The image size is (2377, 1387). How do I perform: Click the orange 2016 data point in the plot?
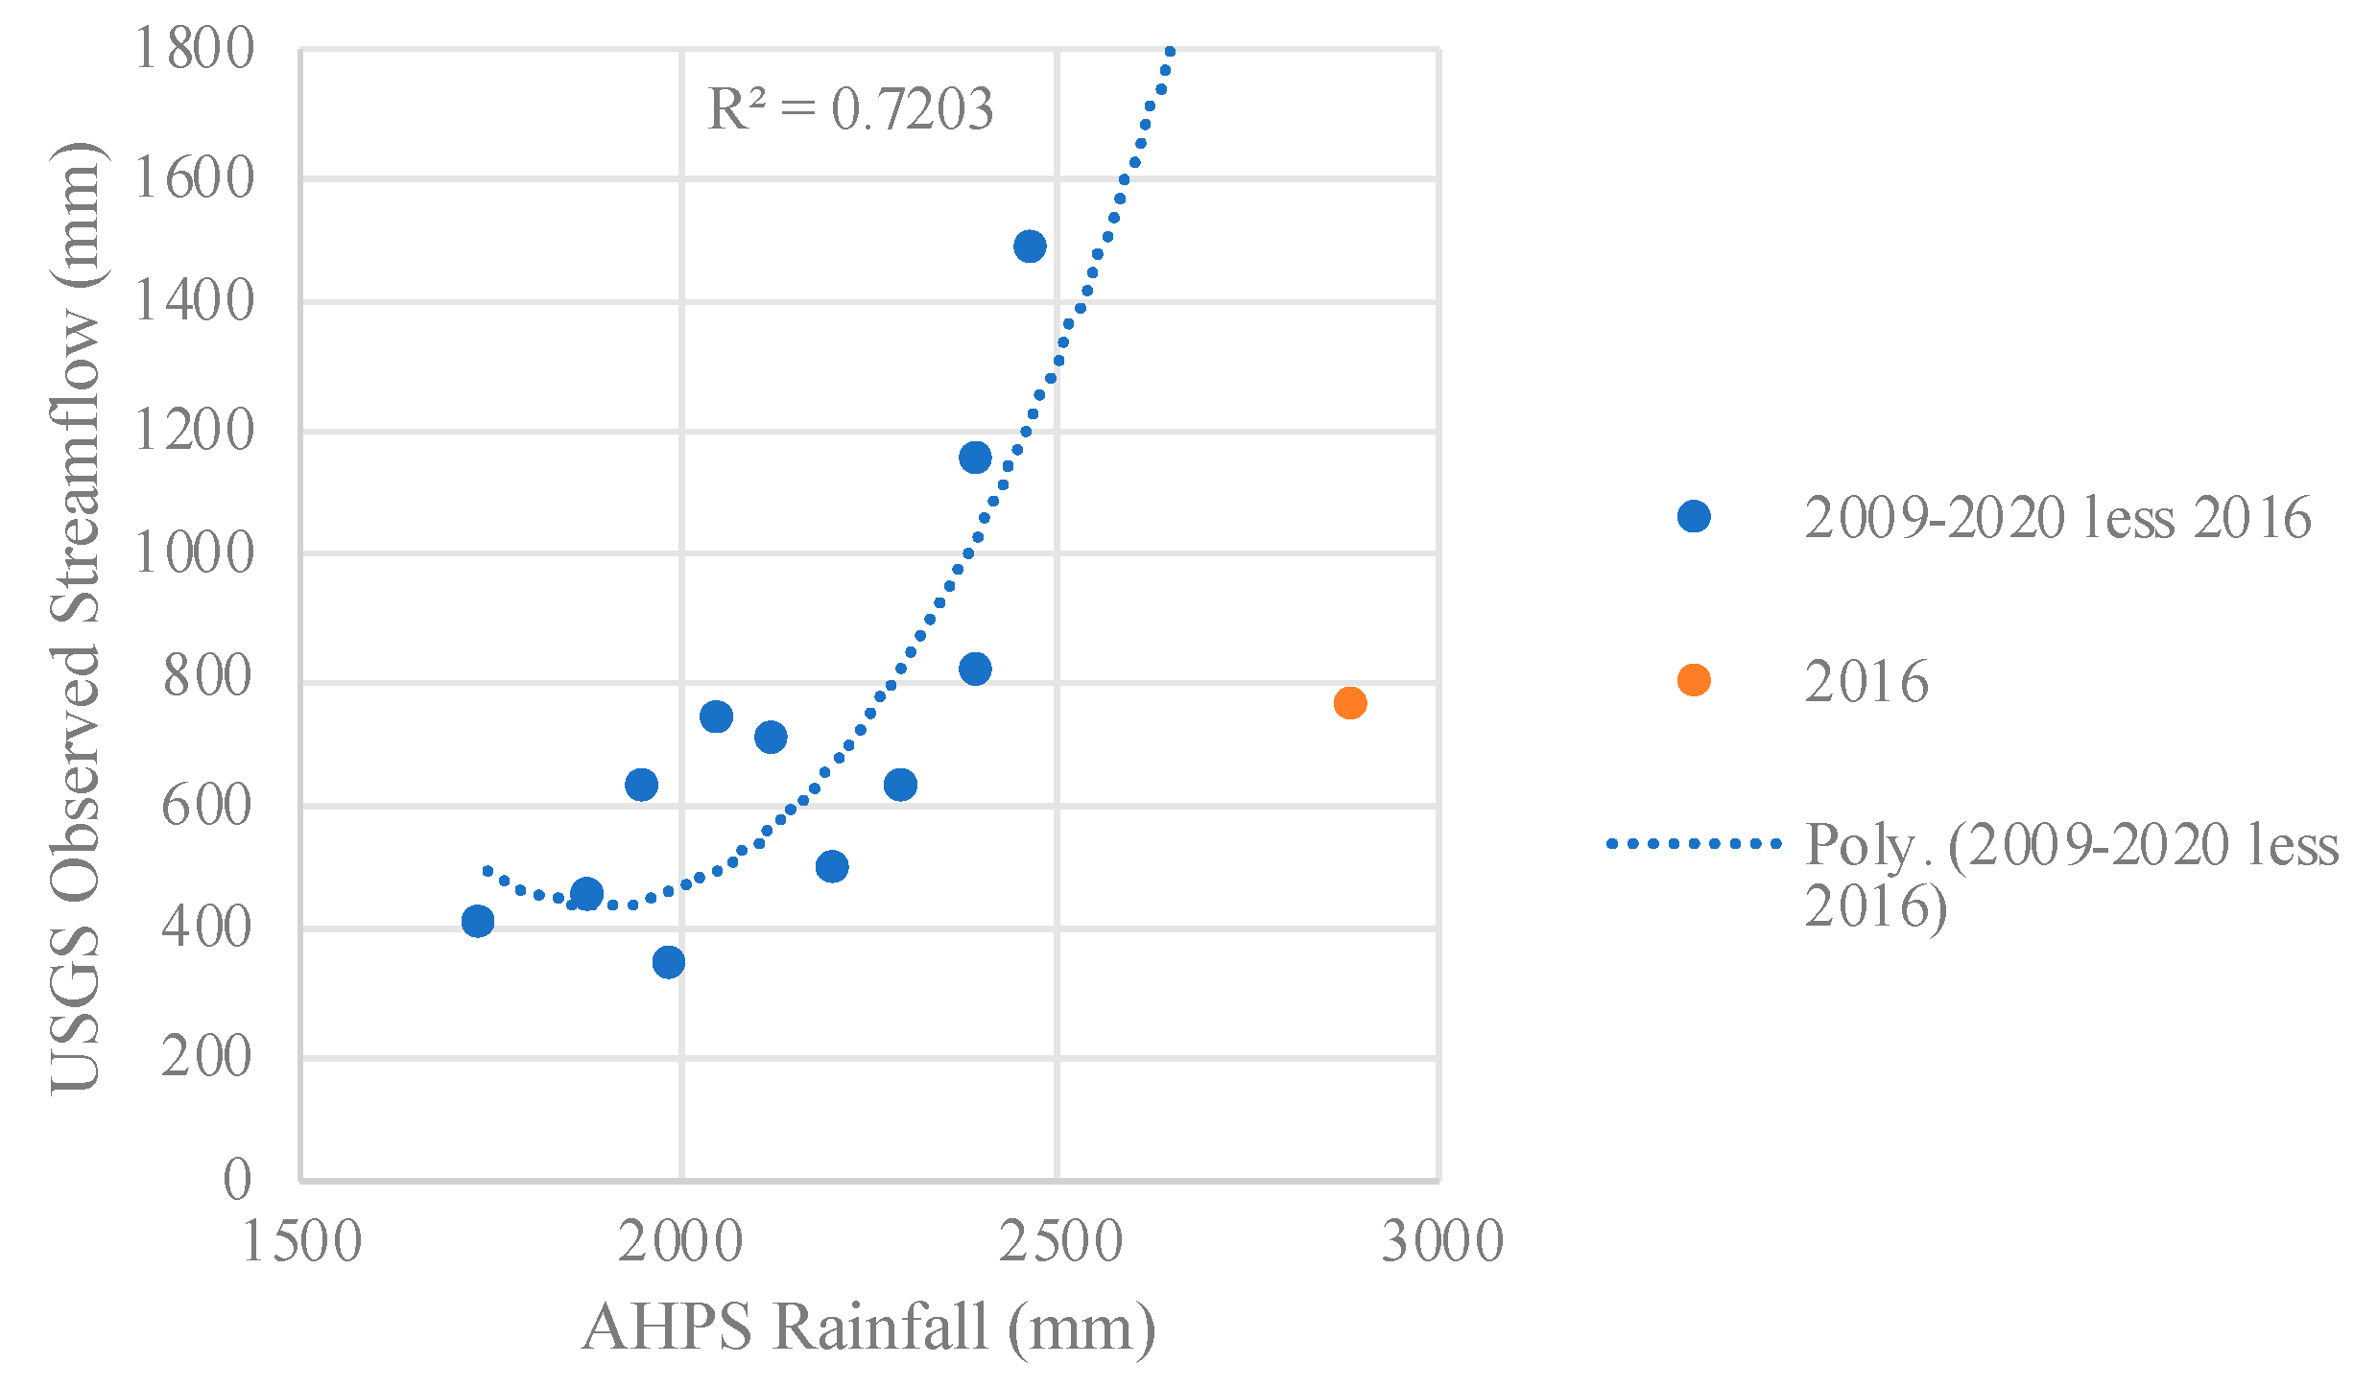coord(1349,703)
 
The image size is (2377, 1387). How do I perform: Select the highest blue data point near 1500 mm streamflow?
coord(1029,247)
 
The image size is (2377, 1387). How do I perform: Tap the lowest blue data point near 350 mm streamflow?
coord(668,962)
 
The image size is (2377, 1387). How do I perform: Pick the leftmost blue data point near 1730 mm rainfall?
coord(477,922)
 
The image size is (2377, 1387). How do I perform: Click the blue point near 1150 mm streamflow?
coord(974,458)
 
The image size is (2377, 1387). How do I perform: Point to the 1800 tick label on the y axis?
coord(195,48)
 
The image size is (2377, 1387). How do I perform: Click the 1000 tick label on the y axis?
coord(195,553)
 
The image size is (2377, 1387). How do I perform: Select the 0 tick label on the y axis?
coord(237,1179)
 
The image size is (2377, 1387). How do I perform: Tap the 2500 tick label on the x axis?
coord(1059,1242)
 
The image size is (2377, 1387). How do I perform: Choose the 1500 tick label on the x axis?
coord(301,1242)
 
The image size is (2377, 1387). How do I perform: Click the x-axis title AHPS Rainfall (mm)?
coord(868,1328)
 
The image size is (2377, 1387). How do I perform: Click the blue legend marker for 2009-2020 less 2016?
coord(1693,517)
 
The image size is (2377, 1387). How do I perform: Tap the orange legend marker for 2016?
coord(1693,680)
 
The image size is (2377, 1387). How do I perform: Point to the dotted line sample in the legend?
coord(1693,844)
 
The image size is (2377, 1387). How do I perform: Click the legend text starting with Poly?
coord(2070,873)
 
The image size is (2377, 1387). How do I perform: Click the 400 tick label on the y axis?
coord(206,928)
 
